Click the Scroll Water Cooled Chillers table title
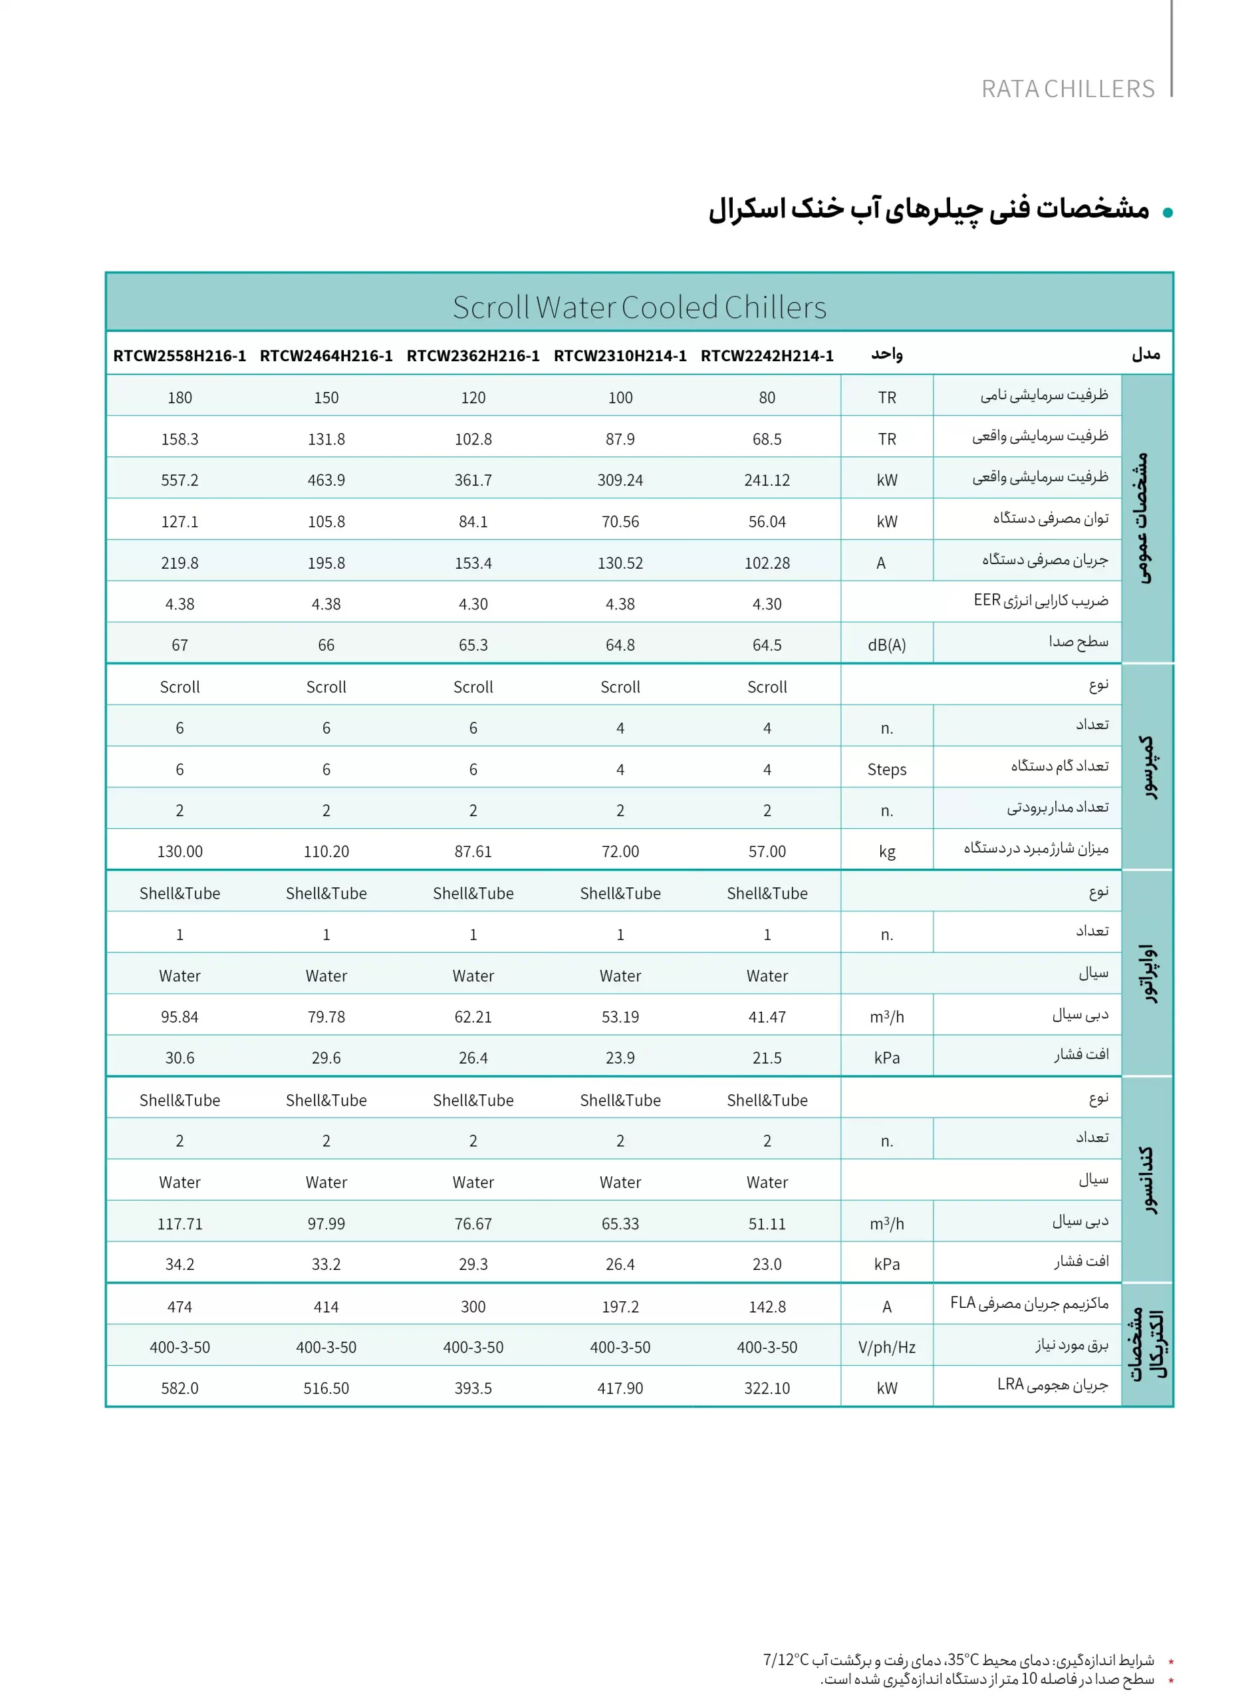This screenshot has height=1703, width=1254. tap(639, 307)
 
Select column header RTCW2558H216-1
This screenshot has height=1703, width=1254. tap(180, 355)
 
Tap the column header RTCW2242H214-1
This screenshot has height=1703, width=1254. tap(767, 355)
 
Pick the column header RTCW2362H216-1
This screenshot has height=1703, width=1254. tap(473, 355)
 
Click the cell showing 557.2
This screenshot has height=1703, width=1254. tap(180, 480)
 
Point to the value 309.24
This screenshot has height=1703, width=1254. tap(620, 480)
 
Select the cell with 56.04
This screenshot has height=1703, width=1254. tap(767, 522)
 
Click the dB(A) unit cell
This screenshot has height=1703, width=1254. tap(886, 645)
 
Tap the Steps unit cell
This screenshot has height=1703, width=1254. tap(886, 769)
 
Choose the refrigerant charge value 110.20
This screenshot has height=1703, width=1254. tap(326, 851)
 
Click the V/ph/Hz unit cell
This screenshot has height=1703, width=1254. tap(886, 1347)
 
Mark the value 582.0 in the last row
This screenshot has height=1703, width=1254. tap(180, 1388)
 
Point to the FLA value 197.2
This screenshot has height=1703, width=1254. tap(620, 1306)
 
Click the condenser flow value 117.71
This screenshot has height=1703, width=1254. tap(180, 1223)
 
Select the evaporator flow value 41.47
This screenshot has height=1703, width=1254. tap(767, 1016)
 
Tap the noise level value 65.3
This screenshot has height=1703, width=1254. tap(473, 645)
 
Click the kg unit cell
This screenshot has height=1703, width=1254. tap(886, 851)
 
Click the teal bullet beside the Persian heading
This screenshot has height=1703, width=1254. tap(1168, 213)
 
